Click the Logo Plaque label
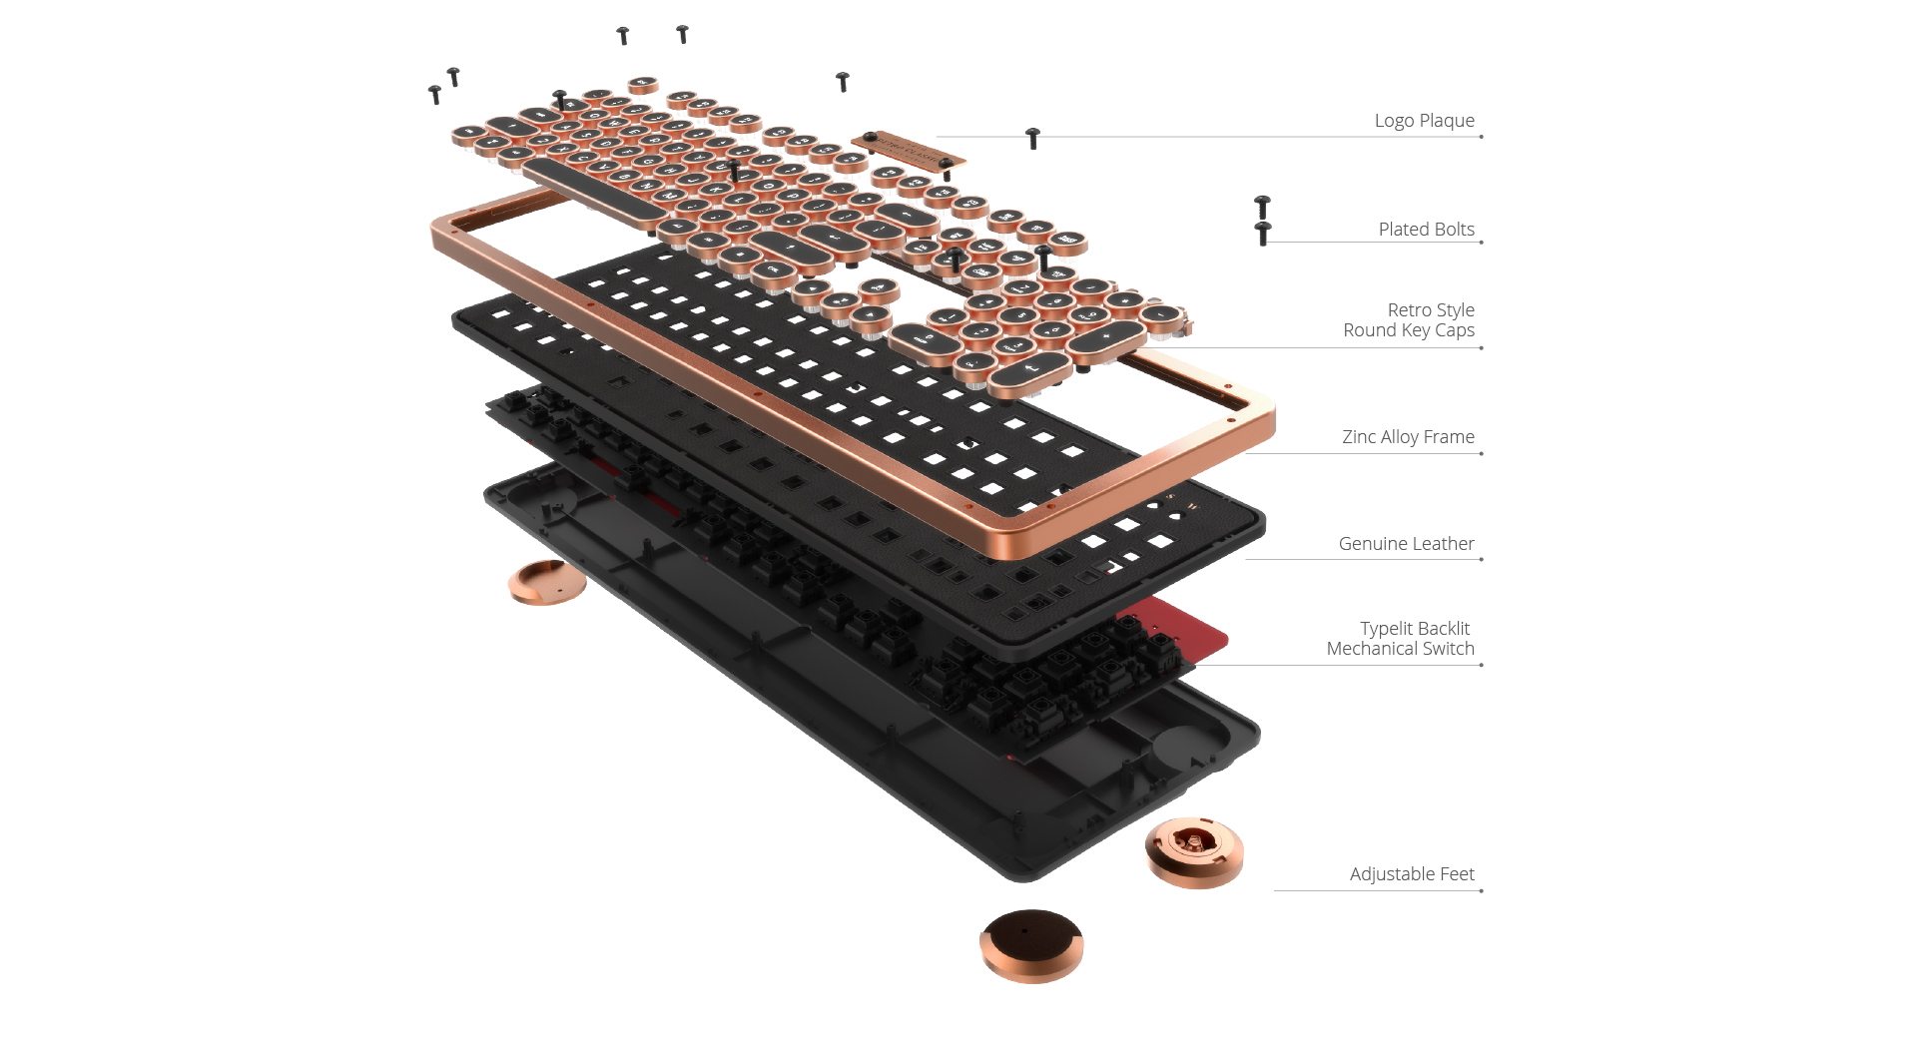click(1424, 121)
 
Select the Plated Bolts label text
click(1426, 230)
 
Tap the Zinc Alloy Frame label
click(1407, 437)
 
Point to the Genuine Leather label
click(1406, 544)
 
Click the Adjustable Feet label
click(1411, 874)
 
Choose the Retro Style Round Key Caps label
click(1409, 320)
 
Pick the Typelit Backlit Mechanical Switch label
click(1400, 639)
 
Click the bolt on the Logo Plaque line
click(1033, 138)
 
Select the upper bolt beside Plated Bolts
click(1262, 207)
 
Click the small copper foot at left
click(546, 582)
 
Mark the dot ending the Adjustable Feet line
click(1481, 890)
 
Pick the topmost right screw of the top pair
click(682, 34)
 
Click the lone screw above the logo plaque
click(842, 81)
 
